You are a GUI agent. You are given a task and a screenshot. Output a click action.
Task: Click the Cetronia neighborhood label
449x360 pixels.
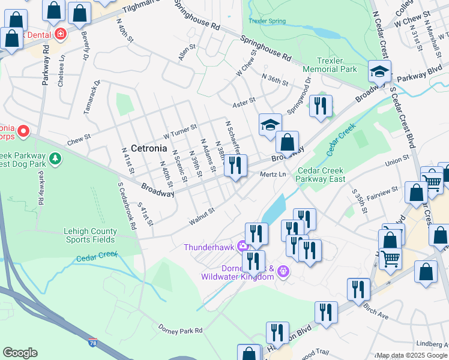(148, 148)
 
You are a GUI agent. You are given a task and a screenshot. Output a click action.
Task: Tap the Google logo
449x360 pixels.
(20, 353)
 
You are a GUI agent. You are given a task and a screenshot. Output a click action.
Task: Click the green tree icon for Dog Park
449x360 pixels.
(55, 158)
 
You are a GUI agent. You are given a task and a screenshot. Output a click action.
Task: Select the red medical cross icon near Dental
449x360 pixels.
(60, 34)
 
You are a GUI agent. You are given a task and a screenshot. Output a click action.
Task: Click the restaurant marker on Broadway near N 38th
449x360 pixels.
(235, 165)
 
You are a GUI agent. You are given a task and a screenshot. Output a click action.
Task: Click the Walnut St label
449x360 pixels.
(202, 215)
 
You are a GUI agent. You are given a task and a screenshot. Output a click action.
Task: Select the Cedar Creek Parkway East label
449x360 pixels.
(328, 175)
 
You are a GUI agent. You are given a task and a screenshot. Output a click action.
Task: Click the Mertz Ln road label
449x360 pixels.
(274, 175)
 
